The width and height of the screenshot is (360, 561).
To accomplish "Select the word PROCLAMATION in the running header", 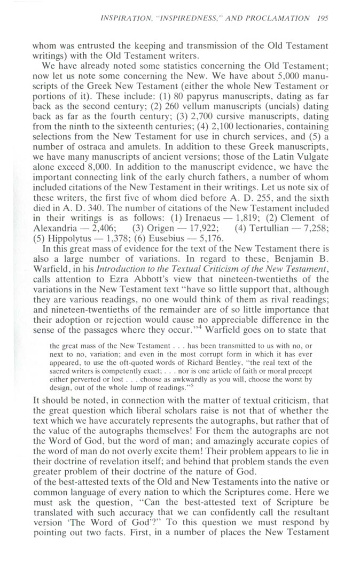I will [x=282, y=18].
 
